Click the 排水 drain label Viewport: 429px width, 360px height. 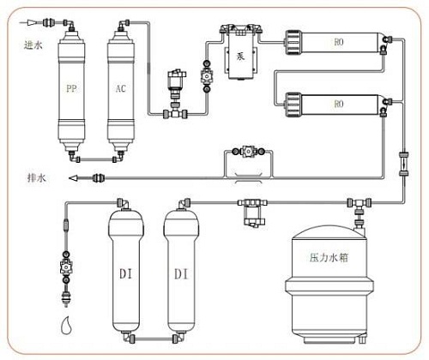(x=34, y=178)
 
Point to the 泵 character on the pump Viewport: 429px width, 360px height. (x=240, y=50)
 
